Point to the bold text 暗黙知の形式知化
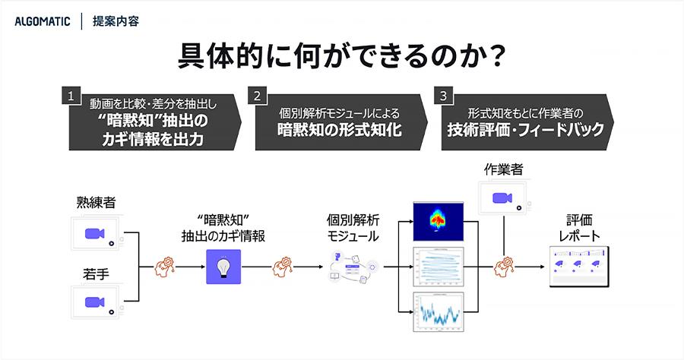click(339, 129)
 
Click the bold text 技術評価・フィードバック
click(525, 129)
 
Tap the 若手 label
click(95, 272)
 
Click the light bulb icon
click(223, 267)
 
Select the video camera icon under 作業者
click(502, 198)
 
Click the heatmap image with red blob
click(438, 219)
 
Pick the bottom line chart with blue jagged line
click(438, 312)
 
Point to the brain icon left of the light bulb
click(166, 267)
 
